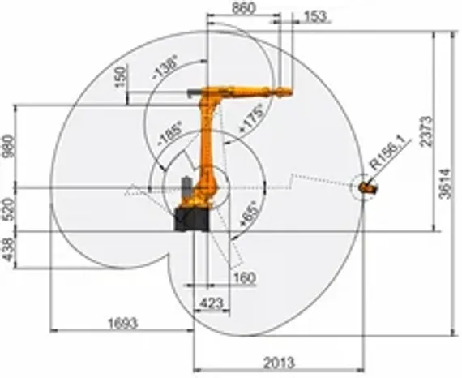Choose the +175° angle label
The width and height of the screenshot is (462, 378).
251,117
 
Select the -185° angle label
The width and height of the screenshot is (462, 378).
170,135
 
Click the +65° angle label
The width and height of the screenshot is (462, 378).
247,213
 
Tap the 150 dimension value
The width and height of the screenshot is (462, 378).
122,79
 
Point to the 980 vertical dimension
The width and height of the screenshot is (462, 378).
9,146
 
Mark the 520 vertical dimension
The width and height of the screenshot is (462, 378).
9,208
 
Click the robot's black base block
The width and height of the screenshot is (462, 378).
192,220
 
